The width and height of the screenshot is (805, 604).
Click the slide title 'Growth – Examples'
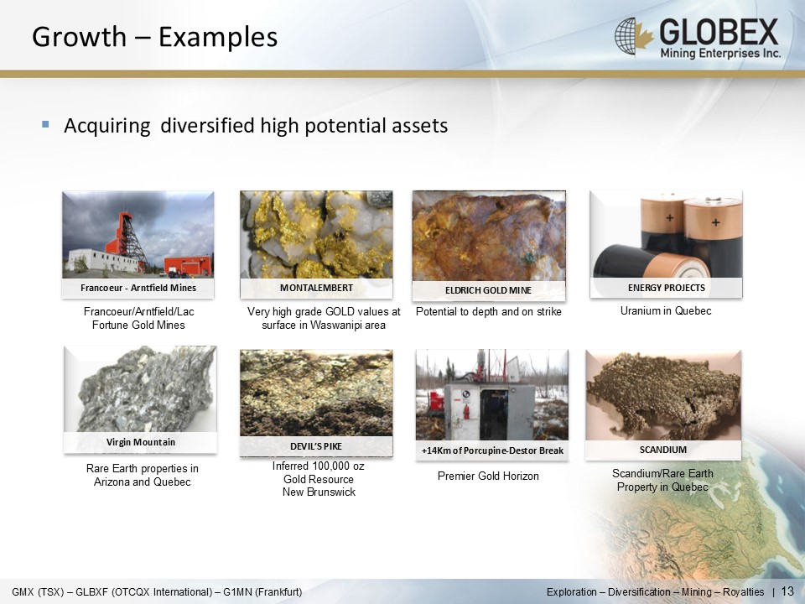click(x=154, y=37)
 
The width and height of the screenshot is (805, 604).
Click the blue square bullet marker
click(x=45, y=124)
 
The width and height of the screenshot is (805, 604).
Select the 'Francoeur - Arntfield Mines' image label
click(x=138, y=288)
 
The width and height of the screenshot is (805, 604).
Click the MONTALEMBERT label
click(x=316, y=288)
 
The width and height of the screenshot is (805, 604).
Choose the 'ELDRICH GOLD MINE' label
click(x=488, y=290)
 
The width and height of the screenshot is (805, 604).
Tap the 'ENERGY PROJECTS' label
click(x=667, y=288)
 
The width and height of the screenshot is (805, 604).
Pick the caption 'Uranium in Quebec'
click(x=666, y=310)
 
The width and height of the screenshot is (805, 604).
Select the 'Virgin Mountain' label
click(x=141, y=442)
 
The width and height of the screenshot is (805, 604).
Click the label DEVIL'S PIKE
click(x=316, y=446)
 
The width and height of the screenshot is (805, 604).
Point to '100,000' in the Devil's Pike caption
click(x=319, y=466)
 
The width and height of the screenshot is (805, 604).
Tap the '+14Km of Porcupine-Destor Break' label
click(x=492, y=450)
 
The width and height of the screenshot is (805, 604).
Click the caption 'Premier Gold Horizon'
click(x=488, y=476)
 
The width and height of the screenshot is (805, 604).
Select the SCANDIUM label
click(x=662, y=450)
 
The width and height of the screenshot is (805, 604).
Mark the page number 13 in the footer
click(x=787, y=591)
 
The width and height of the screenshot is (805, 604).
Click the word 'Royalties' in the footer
click(x=744, y=592)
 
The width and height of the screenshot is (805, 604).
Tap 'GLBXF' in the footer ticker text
click(x=91, y=592)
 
